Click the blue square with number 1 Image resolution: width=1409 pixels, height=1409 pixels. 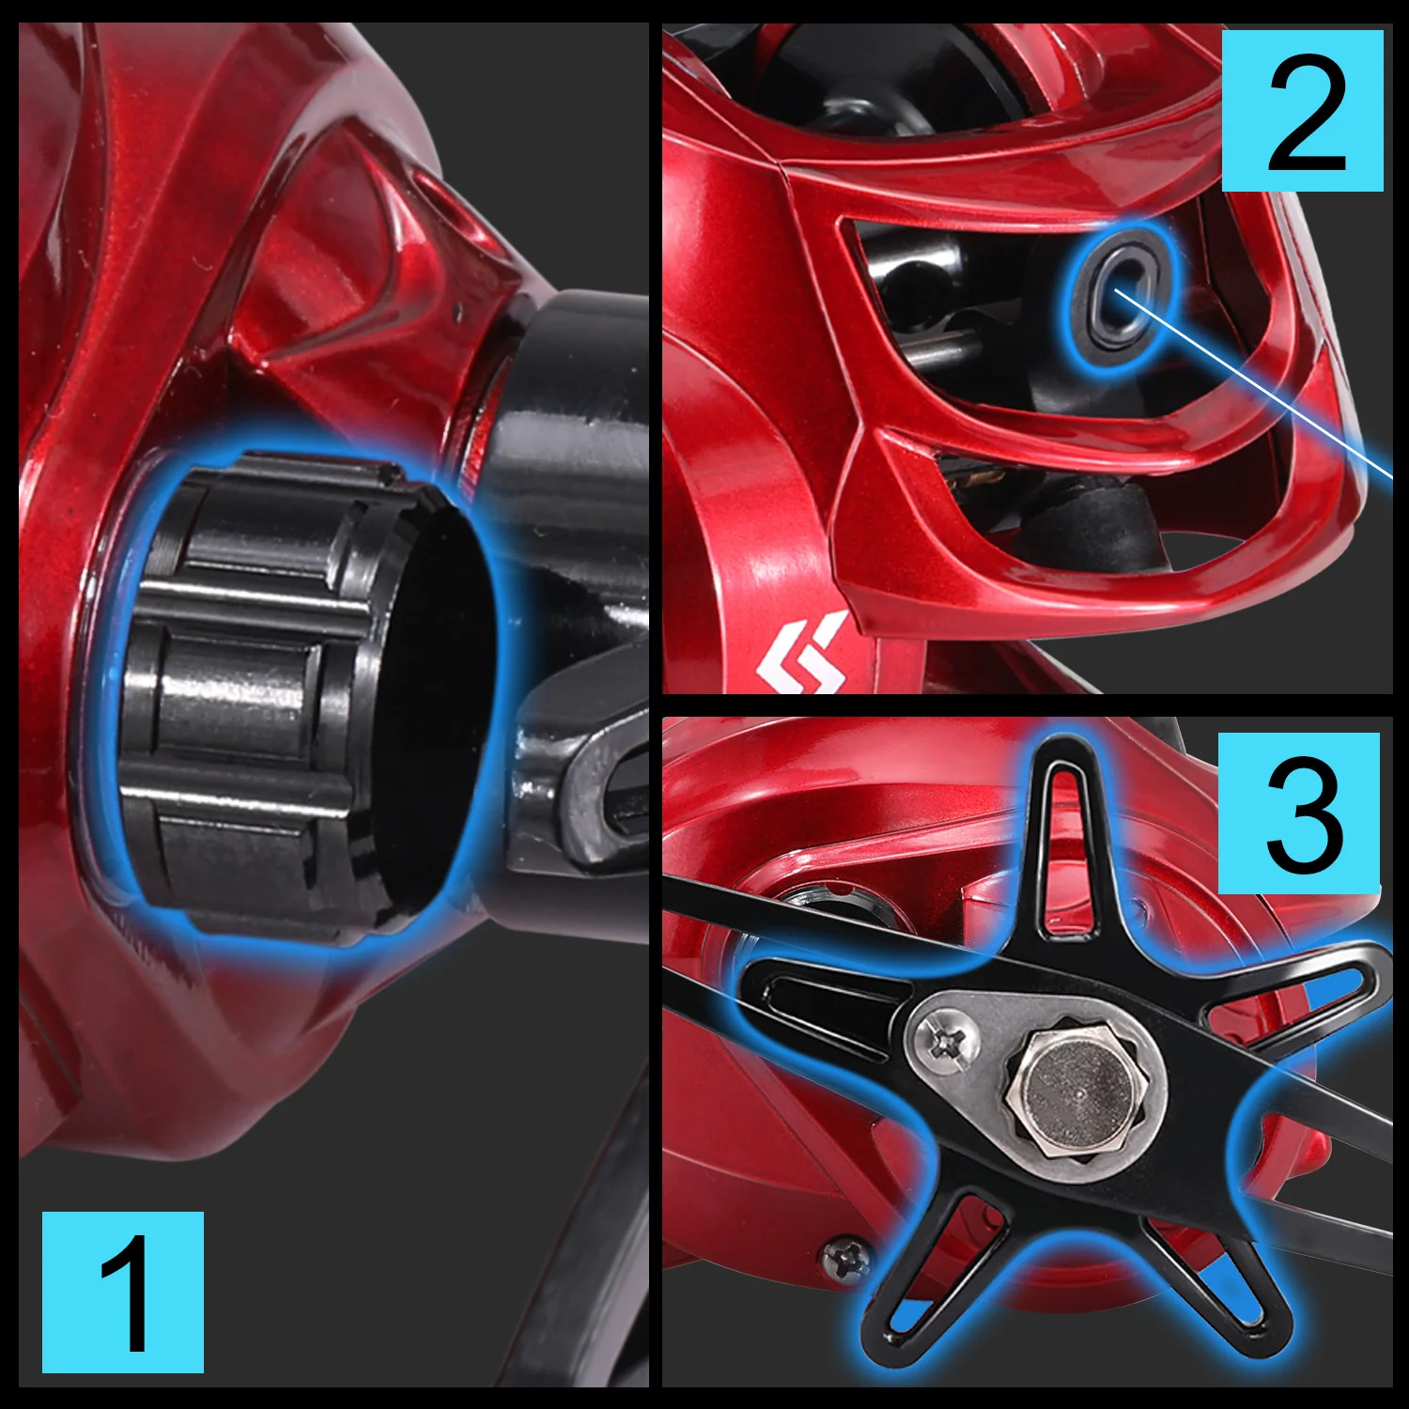[x=123, y=1293]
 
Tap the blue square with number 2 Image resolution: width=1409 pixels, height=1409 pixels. [x=1303, y=111]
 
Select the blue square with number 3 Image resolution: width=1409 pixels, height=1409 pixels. [x=1299, y=813]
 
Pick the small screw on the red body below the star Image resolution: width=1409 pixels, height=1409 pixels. [x=845, y=1259]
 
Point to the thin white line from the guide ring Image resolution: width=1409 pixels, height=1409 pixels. [x=1253, y=384]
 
